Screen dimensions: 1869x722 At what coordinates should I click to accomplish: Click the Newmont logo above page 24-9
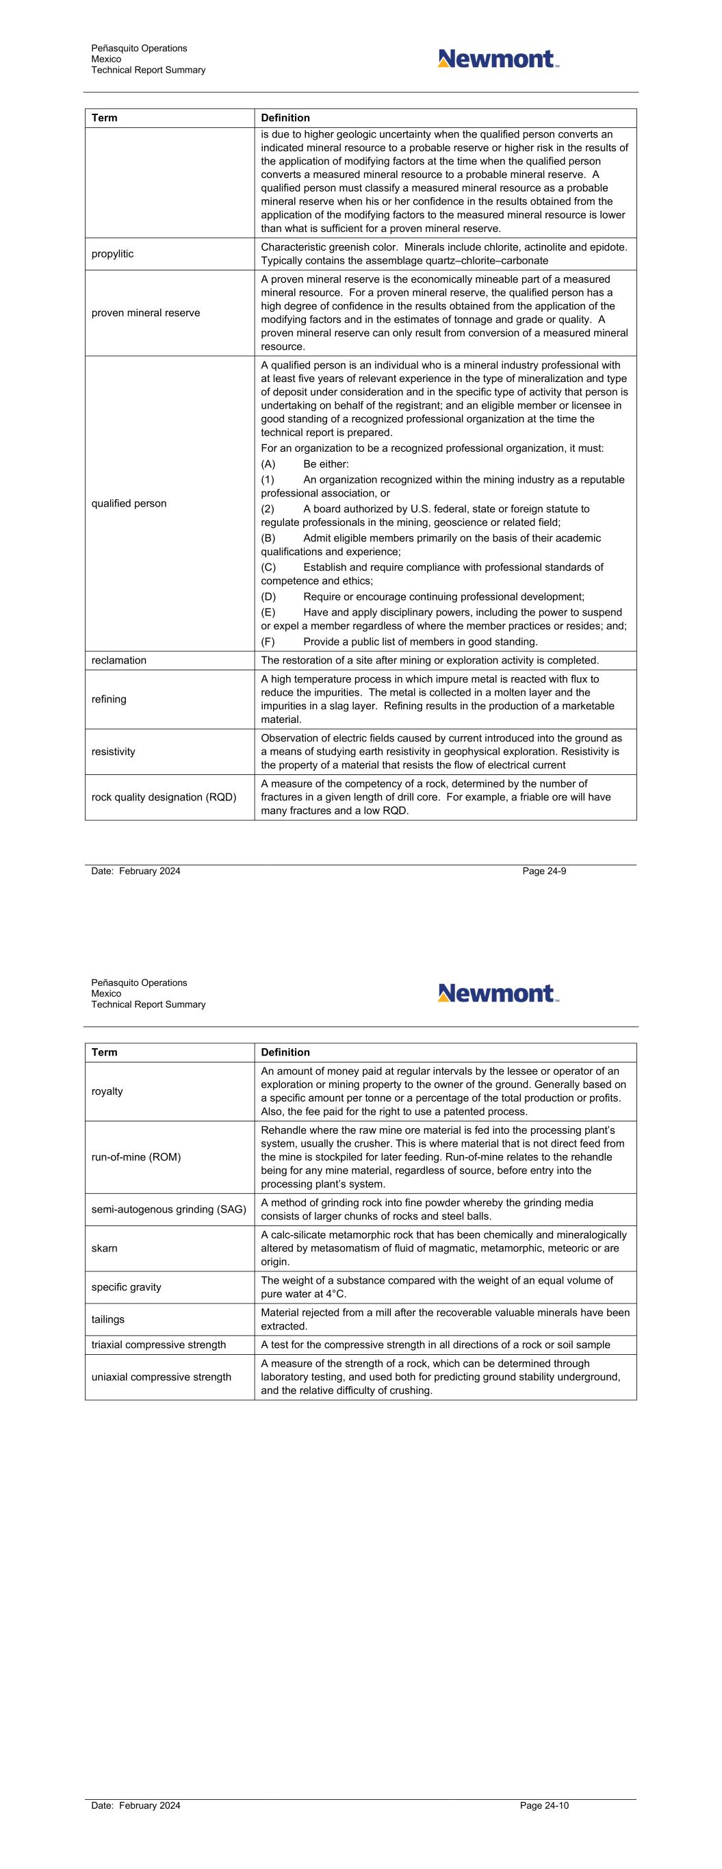coord(498,59)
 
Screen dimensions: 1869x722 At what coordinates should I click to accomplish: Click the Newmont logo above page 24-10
coord(498,993)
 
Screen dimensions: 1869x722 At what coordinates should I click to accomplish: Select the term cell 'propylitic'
coord(112,254)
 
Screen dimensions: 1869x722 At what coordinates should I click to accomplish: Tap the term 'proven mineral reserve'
coord(146,313)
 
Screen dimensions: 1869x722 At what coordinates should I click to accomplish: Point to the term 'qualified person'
coord(129,503)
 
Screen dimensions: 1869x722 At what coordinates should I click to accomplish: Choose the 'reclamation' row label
coord(119,660)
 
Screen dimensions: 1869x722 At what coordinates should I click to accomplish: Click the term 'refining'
coord(109,700)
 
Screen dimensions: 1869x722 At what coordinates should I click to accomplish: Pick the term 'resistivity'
coord(113,752)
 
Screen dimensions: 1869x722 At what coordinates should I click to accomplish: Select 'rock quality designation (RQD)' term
coord(164,798)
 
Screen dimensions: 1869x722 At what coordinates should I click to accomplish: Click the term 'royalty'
coord(107,1091)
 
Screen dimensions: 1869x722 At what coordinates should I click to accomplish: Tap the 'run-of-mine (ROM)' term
coord(136,1156)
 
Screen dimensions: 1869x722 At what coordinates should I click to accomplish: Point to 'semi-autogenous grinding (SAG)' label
coord(169,1210)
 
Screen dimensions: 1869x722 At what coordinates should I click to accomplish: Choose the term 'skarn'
coord(105,1248)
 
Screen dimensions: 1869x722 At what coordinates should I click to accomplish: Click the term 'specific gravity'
coord(125,1287)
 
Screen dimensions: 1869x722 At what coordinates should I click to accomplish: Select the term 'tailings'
coord(108,1319)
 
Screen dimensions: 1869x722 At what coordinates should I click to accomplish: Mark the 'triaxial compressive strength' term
coord(159,1345)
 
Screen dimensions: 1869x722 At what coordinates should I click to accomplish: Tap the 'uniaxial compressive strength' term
coord(161,1377)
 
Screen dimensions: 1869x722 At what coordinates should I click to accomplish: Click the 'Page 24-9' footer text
coord(544,872)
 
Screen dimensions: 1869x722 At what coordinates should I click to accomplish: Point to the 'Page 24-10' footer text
coord(544,1806)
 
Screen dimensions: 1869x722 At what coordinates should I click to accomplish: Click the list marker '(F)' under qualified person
coord(268,642)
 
